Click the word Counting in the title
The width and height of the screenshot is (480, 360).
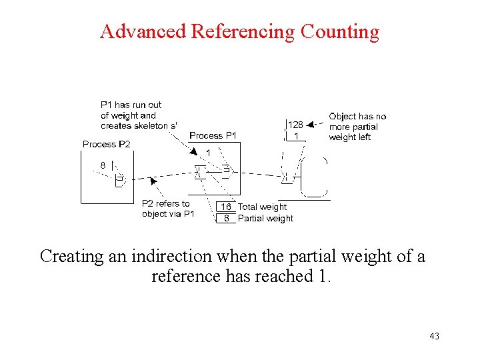340,31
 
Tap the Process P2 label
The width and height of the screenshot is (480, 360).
107,144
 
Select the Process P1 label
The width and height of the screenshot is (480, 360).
213,135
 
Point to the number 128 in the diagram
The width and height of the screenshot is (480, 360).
295,125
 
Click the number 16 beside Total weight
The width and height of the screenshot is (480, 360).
227,207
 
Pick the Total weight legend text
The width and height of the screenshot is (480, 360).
262,207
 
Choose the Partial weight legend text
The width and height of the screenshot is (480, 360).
265,218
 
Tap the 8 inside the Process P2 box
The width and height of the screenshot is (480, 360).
103,165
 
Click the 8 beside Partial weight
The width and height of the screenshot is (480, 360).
227,218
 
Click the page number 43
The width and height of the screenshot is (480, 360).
434,336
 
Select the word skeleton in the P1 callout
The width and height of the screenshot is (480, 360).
150,126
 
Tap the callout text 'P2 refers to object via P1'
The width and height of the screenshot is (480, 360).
168,209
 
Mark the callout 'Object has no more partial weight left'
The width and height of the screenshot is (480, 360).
357,127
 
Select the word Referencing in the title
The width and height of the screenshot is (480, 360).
243,31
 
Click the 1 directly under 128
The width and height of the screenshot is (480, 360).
296,136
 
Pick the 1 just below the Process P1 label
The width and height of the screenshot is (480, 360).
208,153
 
